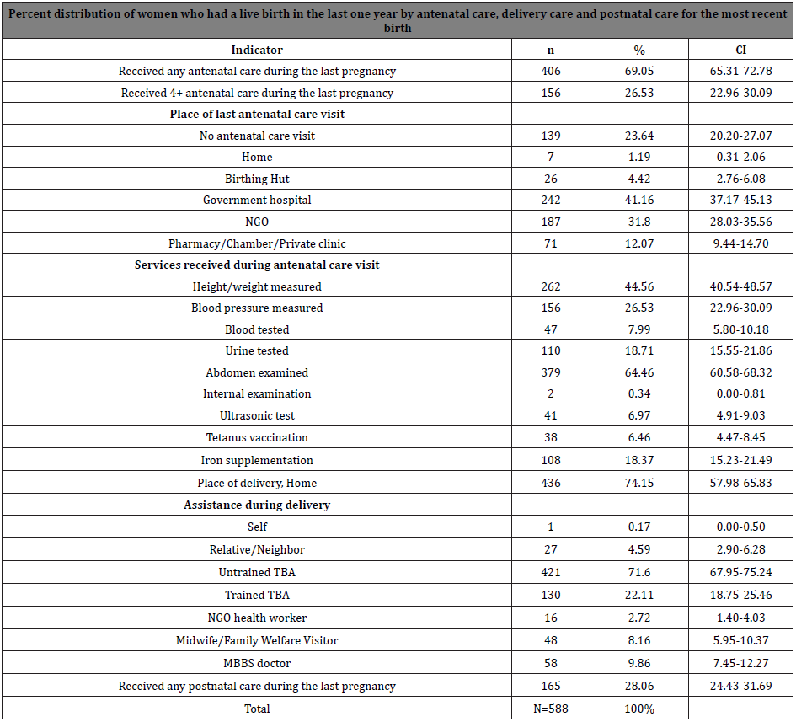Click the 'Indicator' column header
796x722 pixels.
[x=257, y=51]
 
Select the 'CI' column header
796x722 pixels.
[x=740, y=51]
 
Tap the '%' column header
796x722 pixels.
[x=638, y=51]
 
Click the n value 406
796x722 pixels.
[x=551, y=72]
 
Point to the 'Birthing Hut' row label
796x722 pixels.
[x=257, y=179]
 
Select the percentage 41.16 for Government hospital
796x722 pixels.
[x=638, y=201]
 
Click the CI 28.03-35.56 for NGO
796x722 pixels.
[x=740, y=222]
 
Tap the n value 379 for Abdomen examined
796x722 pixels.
[x=551, y=372]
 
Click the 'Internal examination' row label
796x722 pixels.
[x=257, y=394]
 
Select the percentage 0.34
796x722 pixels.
[x=638, y=394]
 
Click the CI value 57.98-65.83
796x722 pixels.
[x=740, y=483]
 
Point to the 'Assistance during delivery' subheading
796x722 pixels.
[x=257, y=505]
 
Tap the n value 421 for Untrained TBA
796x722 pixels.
[x=551, y=572]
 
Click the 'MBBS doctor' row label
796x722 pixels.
[x=257, y=664]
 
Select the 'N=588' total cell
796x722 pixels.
[x=551, y=709]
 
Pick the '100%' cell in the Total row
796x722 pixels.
[x=638, y=709]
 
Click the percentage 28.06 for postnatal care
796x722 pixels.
[x=638, y=687]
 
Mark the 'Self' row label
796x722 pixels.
[x=257, y=527]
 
